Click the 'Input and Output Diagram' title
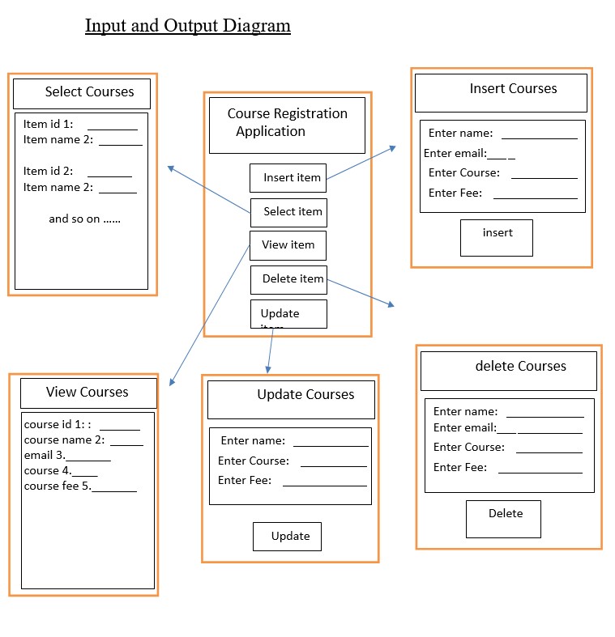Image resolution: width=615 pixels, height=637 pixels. click(x=188, y=26)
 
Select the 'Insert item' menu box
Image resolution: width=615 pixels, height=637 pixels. click(x=288, y=177)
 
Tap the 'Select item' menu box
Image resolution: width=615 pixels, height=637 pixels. click(x=288, y=212)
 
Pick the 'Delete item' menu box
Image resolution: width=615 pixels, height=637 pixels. click(x=288, y=279)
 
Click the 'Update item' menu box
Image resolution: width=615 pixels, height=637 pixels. click(x=288, y=314)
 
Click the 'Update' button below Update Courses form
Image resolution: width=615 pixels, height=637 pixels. click(x=287, y=536)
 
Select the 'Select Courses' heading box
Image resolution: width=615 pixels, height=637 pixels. click(x=82, y=93)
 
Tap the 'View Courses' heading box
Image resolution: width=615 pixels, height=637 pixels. click(x=88, y=393)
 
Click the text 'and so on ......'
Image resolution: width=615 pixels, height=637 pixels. click(x=84, y=219)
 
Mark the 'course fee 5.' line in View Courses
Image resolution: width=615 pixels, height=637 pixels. click(x=58, y=486)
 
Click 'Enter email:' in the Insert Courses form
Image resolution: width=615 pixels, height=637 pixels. click(x=455, y=153)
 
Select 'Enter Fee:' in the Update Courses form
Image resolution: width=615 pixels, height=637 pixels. click(x=245, y=481)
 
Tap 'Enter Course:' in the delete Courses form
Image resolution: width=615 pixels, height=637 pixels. click(x=468, y=447)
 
